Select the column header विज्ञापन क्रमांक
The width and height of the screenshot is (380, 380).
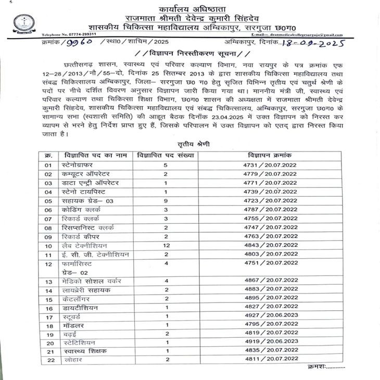tap(270, 155)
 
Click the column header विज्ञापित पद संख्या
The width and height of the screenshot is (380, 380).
tap(165, 155)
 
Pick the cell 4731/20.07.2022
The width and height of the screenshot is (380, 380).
tap(270, 164)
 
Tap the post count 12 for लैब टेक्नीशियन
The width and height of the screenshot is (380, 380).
tap(166, 246)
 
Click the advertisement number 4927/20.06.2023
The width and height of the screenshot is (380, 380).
tap(270, 316)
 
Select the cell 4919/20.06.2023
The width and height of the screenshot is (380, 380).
tap(270, 343)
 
